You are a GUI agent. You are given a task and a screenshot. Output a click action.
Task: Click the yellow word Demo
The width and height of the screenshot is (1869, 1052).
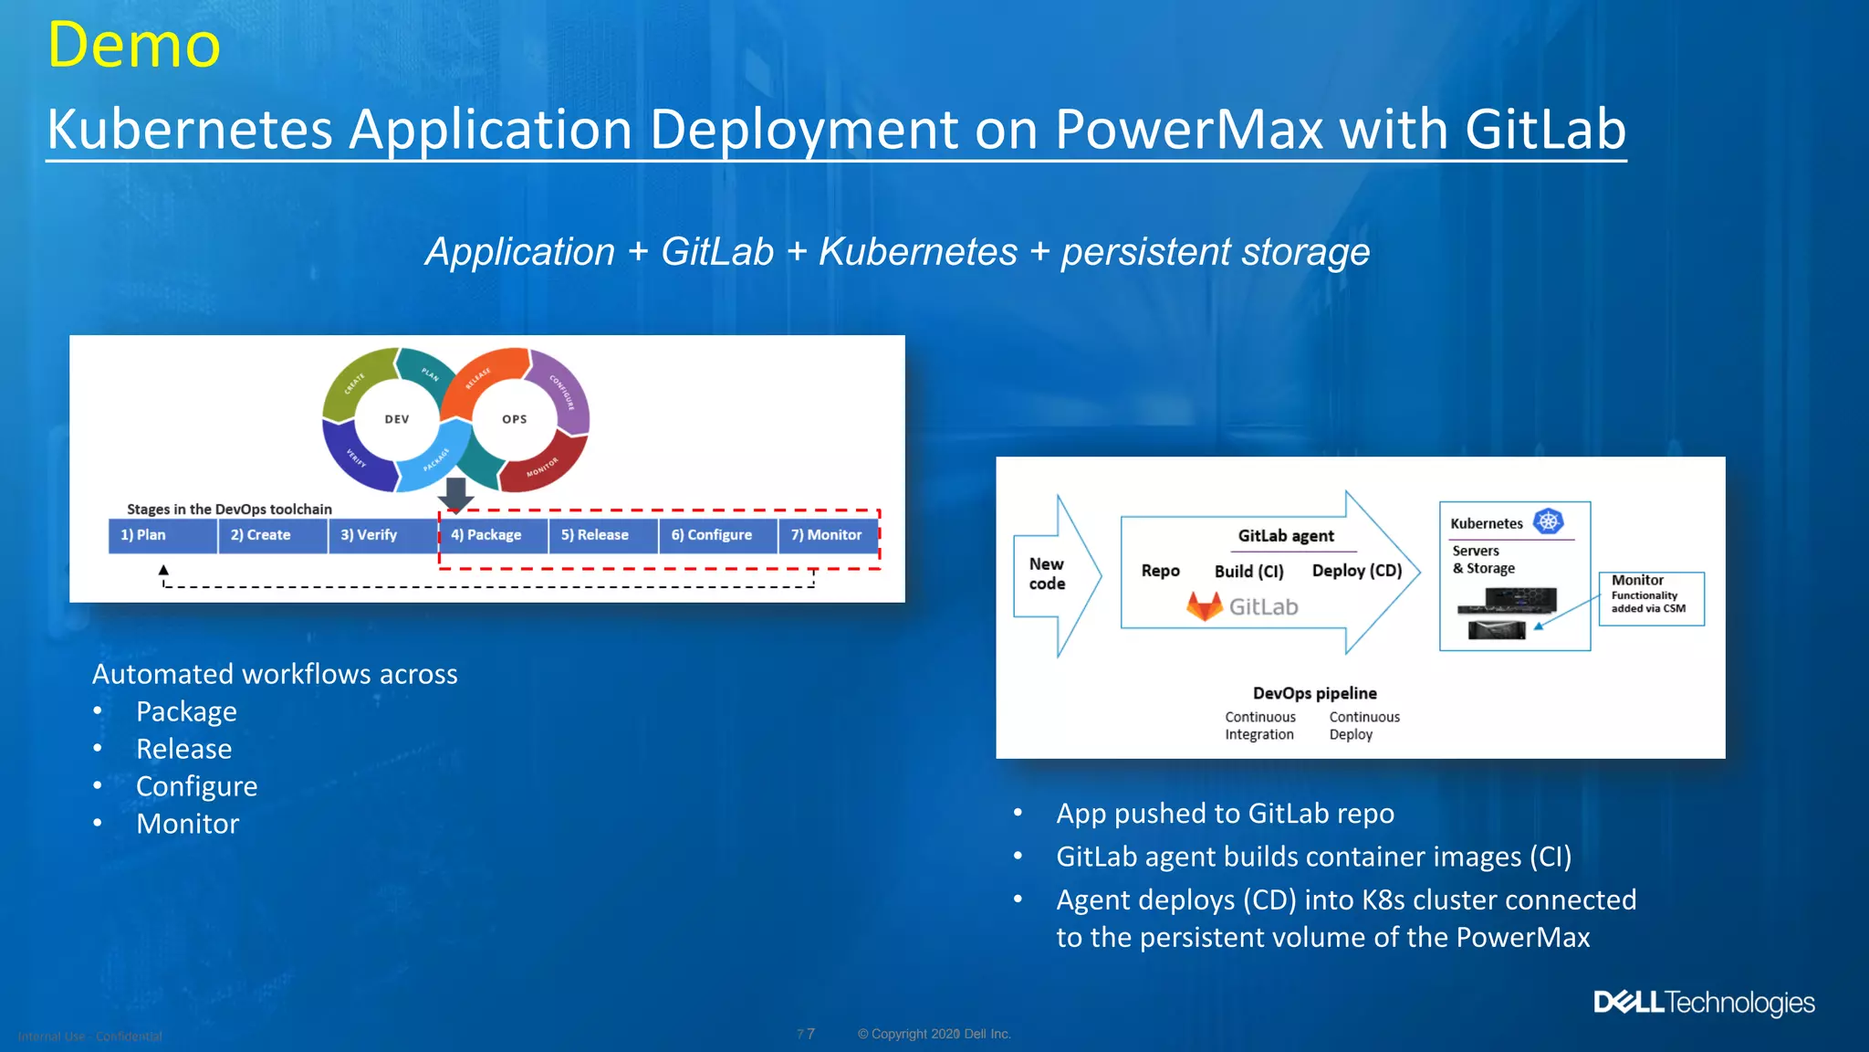pyautogui.click(x=134, y=45)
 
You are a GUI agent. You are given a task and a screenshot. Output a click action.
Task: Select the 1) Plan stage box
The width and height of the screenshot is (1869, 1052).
pyautogui.click(x=162, y=535)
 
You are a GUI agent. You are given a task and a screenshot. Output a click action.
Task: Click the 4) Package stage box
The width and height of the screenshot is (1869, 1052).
pyautogui.click(x=493, y=535)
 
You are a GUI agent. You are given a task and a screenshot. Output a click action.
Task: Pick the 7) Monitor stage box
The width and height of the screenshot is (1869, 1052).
pyautogui.click(x=827, y=535)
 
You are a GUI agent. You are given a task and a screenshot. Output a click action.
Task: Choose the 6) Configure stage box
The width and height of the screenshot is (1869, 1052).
pyautogui.click(x=716, y=535)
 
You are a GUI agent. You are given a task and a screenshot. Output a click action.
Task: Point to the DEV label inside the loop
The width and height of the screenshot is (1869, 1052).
pyautogui.click(x=397, y=419)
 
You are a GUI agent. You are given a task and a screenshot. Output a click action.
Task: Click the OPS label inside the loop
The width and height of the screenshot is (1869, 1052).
pyautogui.click(x=515, y=419)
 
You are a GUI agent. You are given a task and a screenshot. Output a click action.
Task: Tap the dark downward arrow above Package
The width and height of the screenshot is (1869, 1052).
pyautogui.click(x=455, y=494)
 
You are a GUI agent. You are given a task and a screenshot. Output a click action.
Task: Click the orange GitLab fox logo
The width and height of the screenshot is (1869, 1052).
pyautogui.click(x=1205, y=606)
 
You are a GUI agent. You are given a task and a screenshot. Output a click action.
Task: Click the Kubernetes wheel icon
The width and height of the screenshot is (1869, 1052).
pyautogui.click(x=1549, y=521)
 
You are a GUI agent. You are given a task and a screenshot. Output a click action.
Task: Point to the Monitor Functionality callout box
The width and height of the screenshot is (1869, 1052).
pyautogui.click(x=1650, y=598)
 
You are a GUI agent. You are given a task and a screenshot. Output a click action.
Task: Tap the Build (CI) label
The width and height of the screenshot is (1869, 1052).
pyautogui.click(x=1248, y=572)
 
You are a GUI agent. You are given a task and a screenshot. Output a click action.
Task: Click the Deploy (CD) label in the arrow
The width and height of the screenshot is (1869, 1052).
pyautogui.click(x=1356, y=571)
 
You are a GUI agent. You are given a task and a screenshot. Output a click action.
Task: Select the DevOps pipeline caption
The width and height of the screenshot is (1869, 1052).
pyautogui.click(x=1314, y=693)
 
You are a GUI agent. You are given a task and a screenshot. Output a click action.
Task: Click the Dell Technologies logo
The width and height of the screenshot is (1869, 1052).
pyautogui.click(x=1704, y=1003)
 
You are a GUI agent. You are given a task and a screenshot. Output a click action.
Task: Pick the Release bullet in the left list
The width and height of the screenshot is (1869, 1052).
pyautogui.click(x=183, y=749)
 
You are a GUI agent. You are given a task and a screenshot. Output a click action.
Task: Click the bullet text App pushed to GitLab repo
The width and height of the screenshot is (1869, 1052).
pyautogui.click(x=1225, y=813)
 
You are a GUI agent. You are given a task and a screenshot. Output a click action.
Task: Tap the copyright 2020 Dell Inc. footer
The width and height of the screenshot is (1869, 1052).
pyautogui.click(x=934, y=1034)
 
